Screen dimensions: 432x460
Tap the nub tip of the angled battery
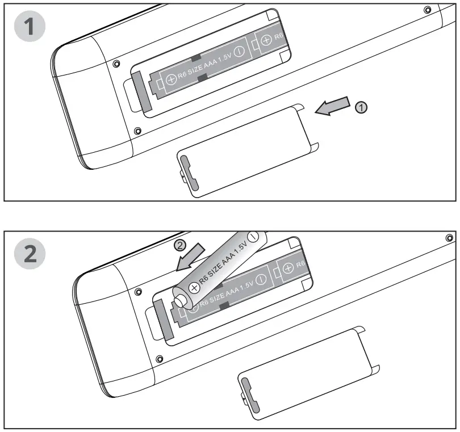(181, 297)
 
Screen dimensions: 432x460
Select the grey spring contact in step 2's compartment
(162, 319)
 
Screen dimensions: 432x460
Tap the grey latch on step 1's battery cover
(191, 177)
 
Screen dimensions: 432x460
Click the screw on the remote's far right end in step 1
(428, 10)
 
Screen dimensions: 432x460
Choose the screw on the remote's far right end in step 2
(449, 237)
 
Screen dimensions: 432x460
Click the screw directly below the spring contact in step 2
(160, 359)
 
